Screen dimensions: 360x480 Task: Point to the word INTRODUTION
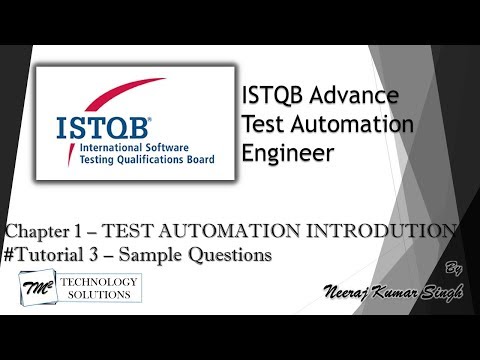tap(385, 232)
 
